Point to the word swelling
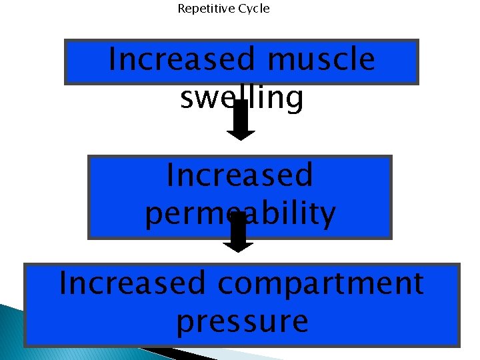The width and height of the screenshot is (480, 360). pyautogui.click(x=241, y=99)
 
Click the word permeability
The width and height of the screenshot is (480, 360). pyautogui.click(x=240, y=214)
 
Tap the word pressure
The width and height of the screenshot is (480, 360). pyautogui.click(x=242, y=322)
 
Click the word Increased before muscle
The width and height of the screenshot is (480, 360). pyautogui.click(x=182, y=59)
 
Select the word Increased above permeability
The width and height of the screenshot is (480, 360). pyautogui.click(x=240, y=175)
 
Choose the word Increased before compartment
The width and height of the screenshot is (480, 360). pyautogui.click(x=133, y=283)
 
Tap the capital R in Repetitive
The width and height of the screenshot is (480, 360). pyautogui.click(x=181, y=9)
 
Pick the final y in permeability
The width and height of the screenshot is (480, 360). pyautogui.click(x=327, y=215)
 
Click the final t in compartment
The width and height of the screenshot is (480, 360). pyautogui.click(x=417, y=283)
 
